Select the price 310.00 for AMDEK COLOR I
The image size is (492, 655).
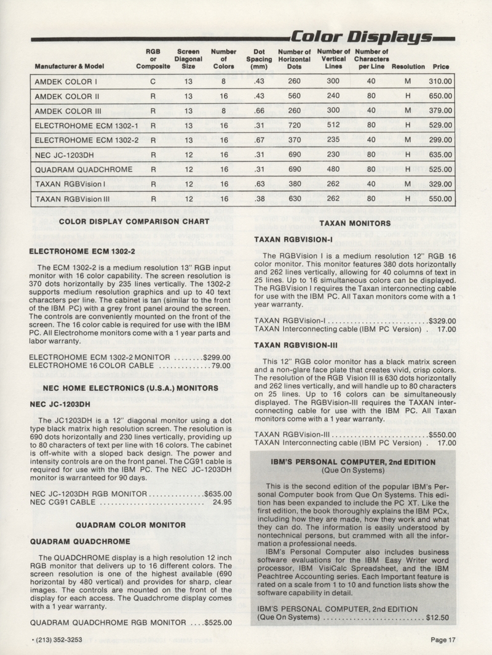coord(440,81)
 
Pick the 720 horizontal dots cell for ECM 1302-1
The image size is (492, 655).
coord(294,126)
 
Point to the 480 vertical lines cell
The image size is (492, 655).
coord(333,170)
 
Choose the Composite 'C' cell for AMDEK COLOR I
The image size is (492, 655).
coord(153,81)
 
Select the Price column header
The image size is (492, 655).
coord(440,66)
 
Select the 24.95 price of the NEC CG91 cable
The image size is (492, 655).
coord(221,502)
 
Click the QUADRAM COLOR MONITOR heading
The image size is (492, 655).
coord(130,525)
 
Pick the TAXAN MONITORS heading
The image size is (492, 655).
coord(355,224)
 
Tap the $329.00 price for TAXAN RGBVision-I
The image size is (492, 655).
coord(442,321)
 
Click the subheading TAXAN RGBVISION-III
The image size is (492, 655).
coord(293,345)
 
